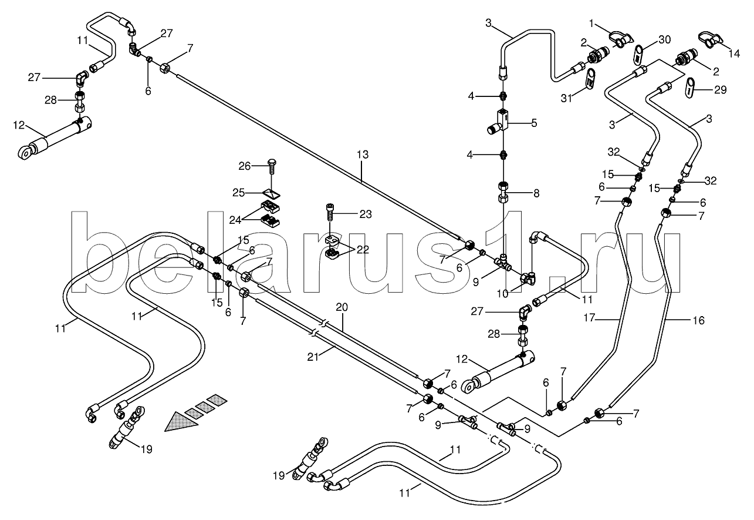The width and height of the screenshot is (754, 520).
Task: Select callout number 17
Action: point(589,318)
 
